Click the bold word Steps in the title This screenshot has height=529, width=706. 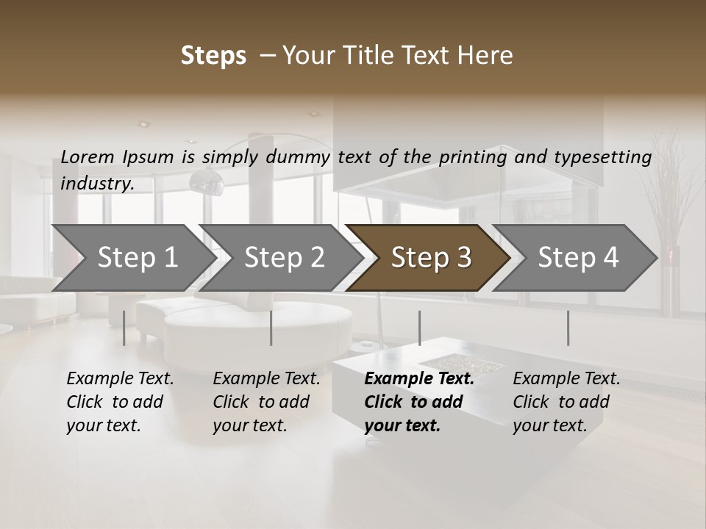tap(213, 56)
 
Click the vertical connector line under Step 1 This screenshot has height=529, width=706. tap(124, 328)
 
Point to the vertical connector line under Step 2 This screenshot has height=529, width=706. tap(271, 328)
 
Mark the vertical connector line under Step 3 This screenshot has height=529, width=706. tap(419, 328)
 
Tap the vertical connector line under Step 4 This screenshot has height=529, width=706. tap(568, 328)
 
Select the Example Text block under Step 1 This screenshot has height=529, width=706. tap(120, 402)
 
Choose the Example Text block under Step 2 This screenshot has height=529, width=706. tap(266, 402)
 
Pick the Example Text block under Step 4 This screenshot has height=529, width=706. tap(566, 402)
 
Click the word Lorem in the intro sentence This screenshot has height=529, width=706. tap(88, 156)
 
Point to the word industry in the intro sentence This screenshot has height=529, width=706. tap(97, 184)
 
